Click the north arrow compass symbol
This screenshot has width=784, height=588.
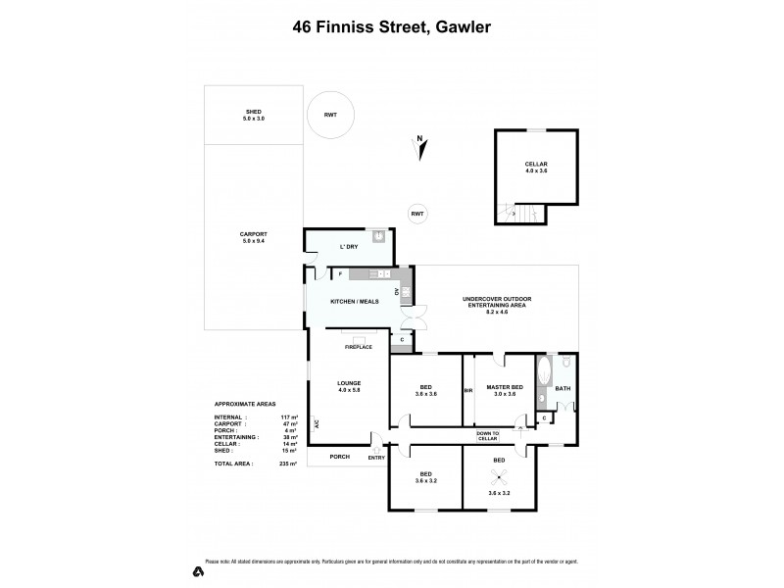419,147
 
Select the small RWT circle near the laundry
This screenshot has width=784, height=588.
417,214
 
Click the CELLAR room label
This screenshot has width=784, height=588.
536,168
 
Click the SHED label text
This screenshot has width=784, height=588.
254,115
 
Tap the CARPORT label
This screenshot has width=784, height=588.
254,237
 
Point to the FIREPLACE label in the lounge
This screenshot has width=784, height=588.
357,347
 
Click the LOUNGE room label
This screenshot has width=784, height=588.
350,385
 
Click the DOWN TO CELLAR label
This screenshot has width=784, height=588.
487,435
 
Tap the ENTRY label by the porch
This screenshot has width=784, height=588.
376,457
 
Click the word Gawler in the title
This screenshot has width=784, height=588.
459,28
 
